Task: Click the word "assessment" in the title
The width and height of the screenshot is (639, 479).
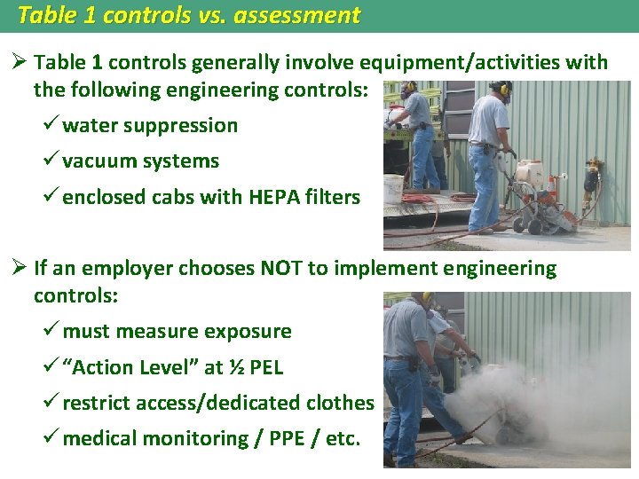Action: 297,15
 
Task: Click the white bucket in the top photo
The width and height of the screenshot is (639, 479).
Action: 394,186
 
